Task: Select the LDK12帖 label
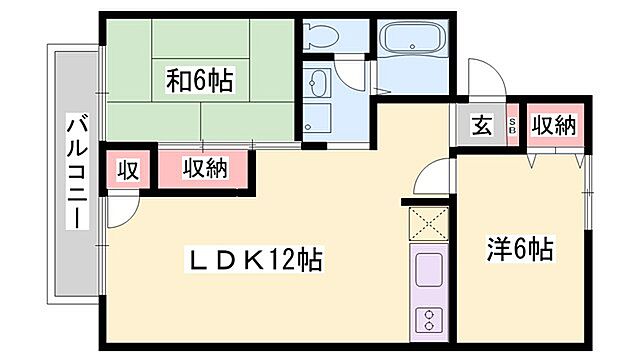coord(256,261)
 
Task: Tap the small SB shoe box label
coord(513,126)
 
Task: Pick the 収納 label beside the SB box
coord(552,126)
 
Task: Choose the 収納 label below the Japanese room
coord(205,169)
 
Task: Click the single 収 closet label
coord(128,170)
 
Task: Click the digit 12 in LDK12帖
coord(282,261)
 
